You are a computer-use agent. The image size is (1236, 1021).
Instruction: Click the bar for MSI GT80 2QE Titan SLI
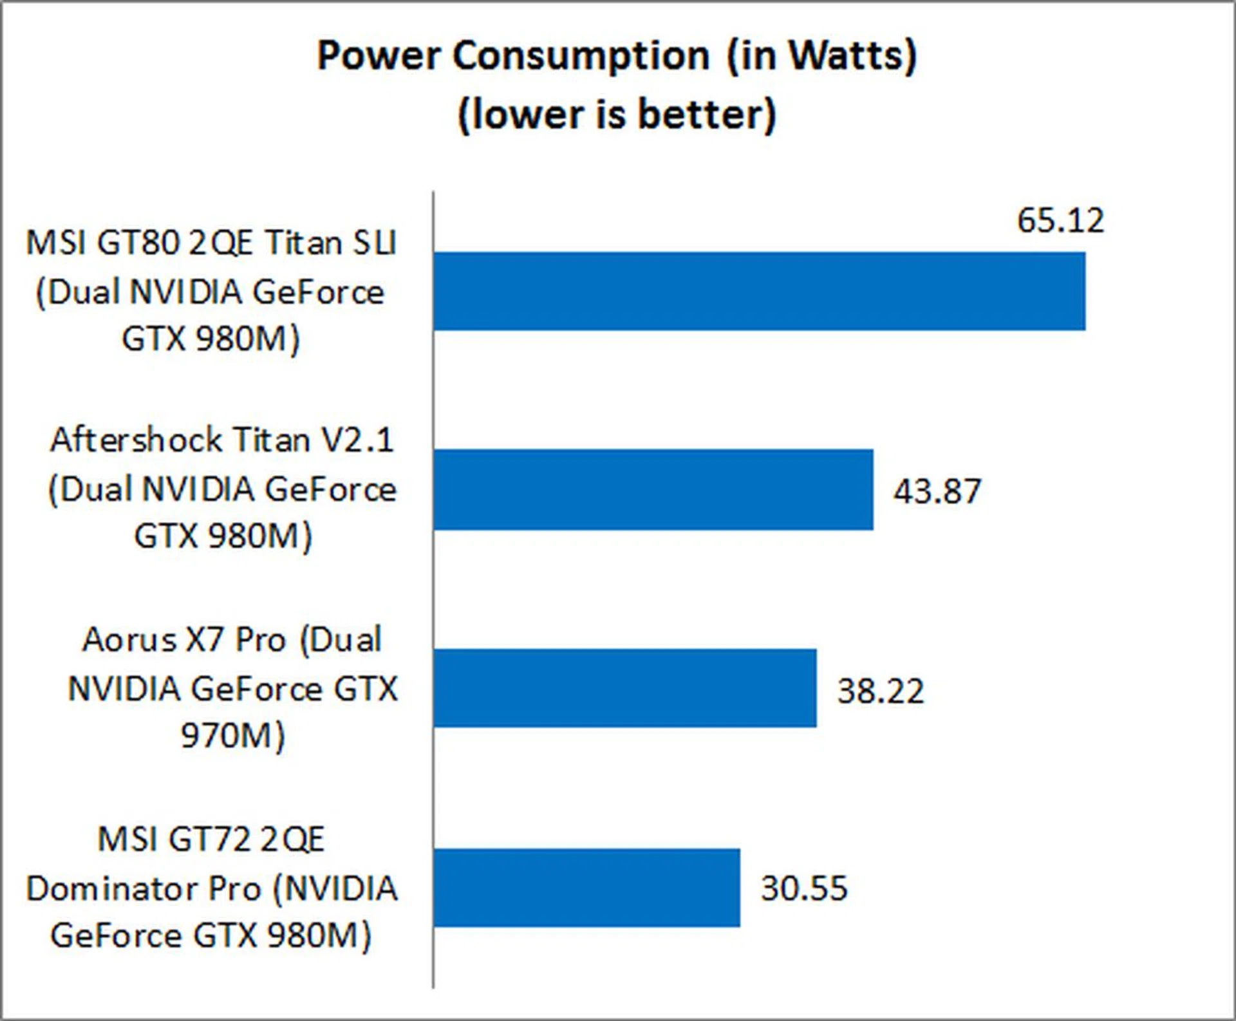coord(760,291)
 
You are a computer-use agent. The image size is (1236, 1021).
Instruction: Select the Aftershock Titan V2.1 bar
coord(653,490)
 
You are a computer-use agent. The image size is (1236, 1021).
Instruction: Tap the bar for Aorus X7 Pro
coord(625,688)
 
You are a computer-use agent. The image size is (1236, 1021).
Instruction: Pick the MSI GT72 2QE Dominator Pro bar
coord(586,888)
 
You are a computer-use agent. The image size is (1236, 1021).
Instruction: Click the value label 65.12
coord(1060,221)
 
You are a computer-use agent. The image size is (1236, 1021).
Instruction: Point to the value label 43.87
coord(937,491)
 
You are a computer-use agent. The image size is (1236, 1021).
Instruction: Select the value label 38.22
coord(880,691)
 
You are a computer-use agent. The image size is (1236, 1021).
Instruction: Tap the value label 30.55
coord(804,888)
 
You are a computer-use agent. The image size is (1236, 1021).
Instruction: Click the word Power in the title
coord(379,56)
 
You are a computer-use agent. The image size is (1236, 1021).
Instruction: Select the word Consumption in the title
coord(581,56)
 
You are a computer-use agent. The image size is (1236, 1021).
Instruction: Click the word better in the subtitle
coord(706,115)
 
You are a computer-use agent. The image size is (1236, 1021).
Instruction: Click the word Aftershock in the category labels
coord(136,441)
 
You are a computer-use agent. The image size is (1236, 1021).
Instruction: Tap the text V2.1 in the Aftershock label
coord(357,441)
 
